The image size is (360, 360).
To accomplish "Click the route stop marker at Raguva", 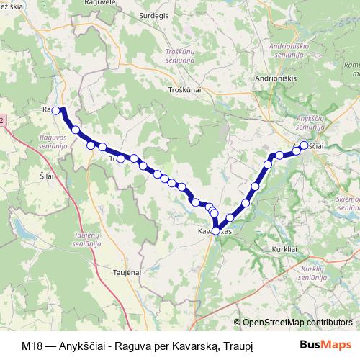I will pos(55,110).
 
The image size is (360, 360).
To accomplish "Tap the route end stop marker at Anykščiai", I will pos(304,145).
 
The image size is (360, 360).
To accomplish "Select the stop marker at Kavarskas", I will pos(215,230).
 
